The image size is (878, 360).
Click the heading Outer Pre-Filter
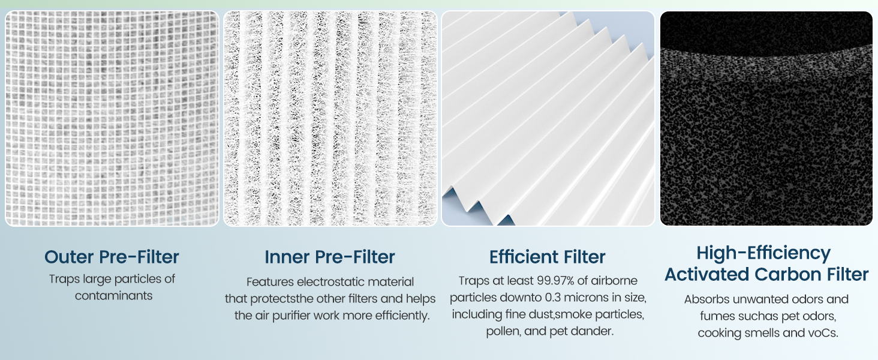pyautogui.click(x=112, y=257)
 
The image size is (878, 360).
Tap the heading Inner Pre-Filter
pyautogui.click(x=330, y=257)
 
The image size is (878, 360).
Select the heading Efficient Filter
pyautogui.click(x=548, y=257)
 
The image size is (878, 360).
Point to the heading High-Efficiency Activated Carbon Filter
pyautogui.click(x=766, y=263)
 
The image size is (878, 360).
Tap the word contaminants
pyautogui.click(x=114, y=296)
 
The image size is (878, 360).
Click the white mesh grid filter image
pyautogui.click(x=112, y=119)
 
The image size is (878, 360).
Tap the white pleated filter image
pyautogui.click(x=548, y=119)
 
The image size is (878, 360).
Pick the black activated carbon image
pyautogui.click(x=766, y=119)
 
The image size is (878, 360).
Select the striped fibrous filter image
pyautogui.click(x=330, y=119)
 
